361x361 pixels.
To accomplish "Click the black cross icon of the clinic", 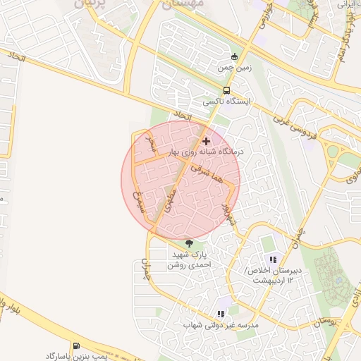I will click(205, 141).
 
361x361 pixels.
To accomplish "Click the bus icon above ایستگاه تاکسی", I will click(226, 91).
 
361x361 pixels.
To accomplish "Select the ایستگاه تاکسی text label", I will click(223, 102).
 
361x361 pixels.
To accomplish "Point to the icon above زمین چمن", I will click(235, 57).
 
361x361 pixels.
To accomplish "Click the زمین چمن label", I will click(233, 68).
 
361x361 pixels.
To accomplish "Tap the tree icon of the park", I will click(188, 243).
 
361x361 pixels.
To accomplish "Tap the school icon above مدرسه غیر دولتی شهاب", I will click(221, 314).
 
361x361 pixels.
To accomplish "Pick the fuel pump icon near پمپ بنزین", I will click(76, 346).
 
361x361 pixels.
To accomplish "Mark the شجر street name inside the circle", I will click(149, 144).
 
